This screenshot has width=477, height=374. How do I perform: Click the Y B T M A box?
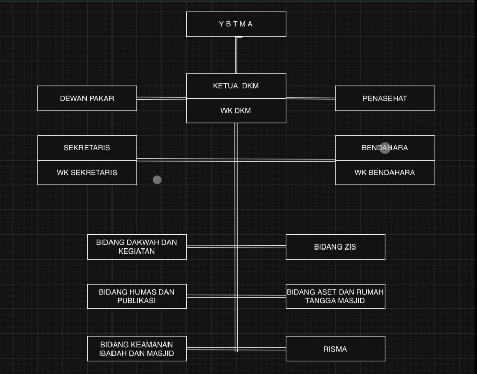click(236, 24)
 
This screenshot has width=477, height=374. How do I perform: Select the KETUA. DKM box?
click(236, 86)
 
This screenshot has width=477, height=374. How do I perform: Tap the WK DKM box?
click(236, 111)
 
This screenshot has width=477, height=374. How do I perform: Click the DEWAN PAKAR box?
click(87, 99)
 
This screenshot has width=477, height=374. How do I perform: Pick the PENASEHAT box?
click(385, 99)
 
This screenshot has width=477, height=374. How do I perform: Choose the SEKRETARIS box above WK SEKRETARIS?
click(87, 148)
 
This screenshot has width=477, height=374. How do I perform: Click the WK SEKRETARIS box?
click(87, 172)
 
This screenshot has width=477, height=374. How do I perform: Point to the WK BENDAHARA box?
click(385, 172)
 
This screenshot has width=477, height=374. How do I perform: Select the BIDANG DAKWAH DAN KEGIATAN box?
click(136, 247)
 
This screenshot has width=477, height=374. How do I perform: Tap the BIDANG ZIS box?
click(335, 247)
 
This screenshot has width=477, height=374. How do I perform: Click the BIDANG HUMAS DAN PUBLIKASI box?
click(136, 296)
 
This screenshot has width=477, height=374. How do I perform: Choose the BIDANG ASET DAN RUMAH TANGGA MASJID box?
click(335, 296)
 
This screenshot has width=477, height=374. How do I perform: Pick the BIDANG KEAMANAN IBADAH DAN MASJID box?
click(136, 349)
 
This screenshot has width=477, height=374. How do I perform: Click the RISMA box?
click(335, 349)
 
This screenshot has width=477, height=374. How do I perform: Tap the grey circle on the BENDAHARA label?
click(385, 148)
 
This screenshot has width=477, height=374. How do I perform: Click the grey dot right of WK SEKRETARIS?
click(157, 180)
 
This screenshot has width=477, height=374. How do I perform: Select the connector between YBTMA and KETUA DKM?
click(236, 55)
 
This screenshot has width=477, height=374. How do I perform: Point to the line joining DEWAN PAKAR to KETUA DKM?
click(161, 98)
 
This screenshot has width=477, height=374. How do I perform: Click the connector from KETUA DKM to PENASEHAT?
click(311, 98)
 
